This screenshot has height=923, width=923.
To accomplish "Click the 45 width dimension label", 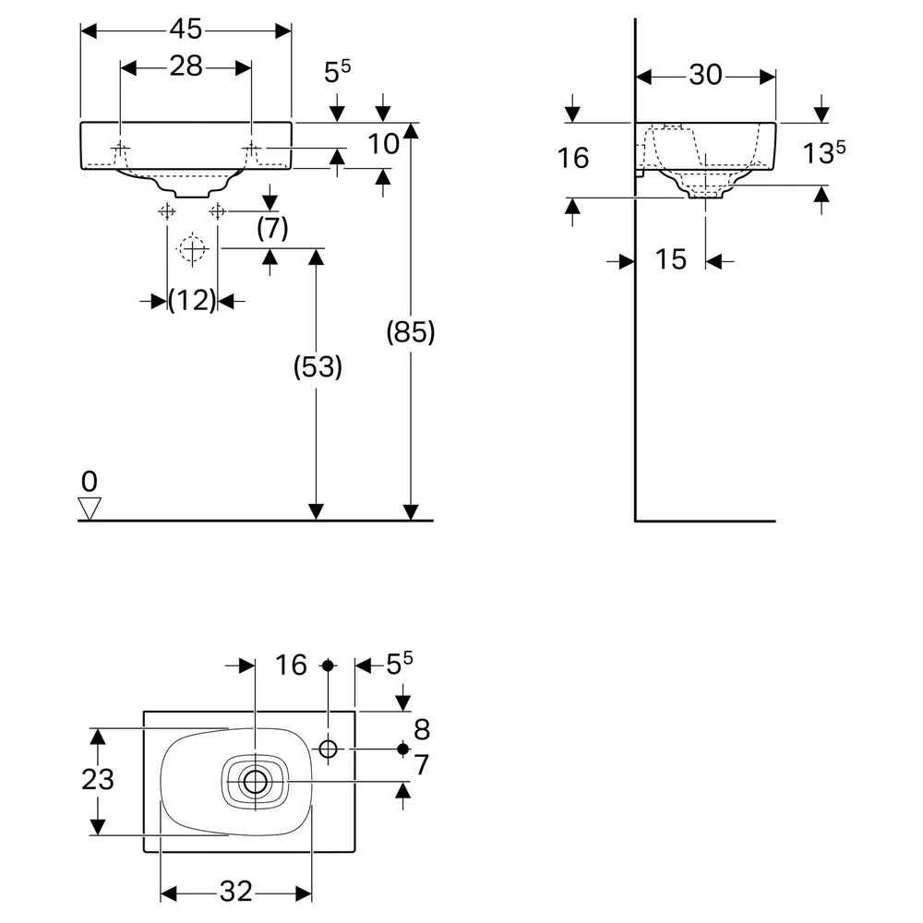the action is click(186, 29).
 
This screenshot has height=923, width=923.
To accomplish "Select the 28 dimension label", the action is click(186, 66).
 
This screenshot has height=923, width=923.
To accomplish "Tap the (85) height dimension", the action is click(411, 332).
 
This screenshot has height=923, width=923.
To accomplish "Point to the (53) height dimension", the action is click(318, 366).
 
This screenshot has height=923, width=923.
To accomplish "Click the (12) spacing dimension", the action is click(193, 301).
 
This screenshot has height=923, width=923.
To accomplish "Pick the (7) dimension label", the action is click(272, 228).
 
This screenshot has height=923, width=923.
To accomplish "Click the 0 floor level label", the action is click(90, 482).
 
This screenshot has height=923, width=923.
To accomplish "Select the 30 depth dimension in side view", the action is click(705, 75).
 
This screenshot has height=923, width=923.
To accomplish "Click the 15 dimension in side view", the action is click(671, 259).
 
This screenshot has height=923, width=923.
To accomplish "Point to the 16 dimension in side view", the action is click(573, 158).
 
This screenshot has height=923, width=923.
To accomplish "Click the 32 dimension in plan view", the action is click(236, 892).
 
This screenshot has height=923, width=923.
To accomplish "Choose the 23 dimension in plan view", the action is click(98, 779).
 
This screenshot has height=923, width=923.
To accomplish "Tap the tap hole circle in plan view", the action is click(328, 749).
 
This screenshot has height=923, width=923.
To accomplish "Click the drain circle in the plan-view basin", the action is click(255, 782).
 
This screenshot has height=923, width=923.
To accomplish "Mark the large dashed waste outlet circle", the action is click(193, 249).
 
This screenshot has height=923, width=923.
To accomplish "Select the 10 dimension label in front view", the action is click(383, 144).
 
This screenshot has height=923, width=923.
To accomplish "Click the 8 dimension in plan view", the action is click(422, 730).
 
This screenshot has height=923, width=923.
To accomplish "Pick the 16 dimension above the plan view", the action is click(291, 665).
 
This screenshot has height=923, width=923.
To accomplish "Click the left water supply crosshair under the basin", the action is click(166, 210).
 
